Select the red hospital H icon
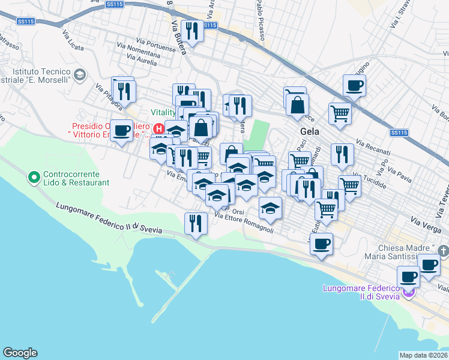pyautogui.click(x=158, y=128)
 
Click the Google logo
pyautogui.click(x=20, y=353)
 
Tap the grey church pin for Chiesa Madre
pyautogui.click(x=443, y=249)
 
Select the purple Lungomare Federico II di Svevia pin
pyautogui.click(x=409, y=293)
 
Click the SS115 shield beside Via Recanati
pyautogui.click(x=398, y=133)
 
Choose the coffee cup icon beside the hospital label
pyautogui.click(x=121, y=130)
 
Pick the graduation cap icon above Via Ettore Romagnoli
pyautogui.click(x=270, y=208)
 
